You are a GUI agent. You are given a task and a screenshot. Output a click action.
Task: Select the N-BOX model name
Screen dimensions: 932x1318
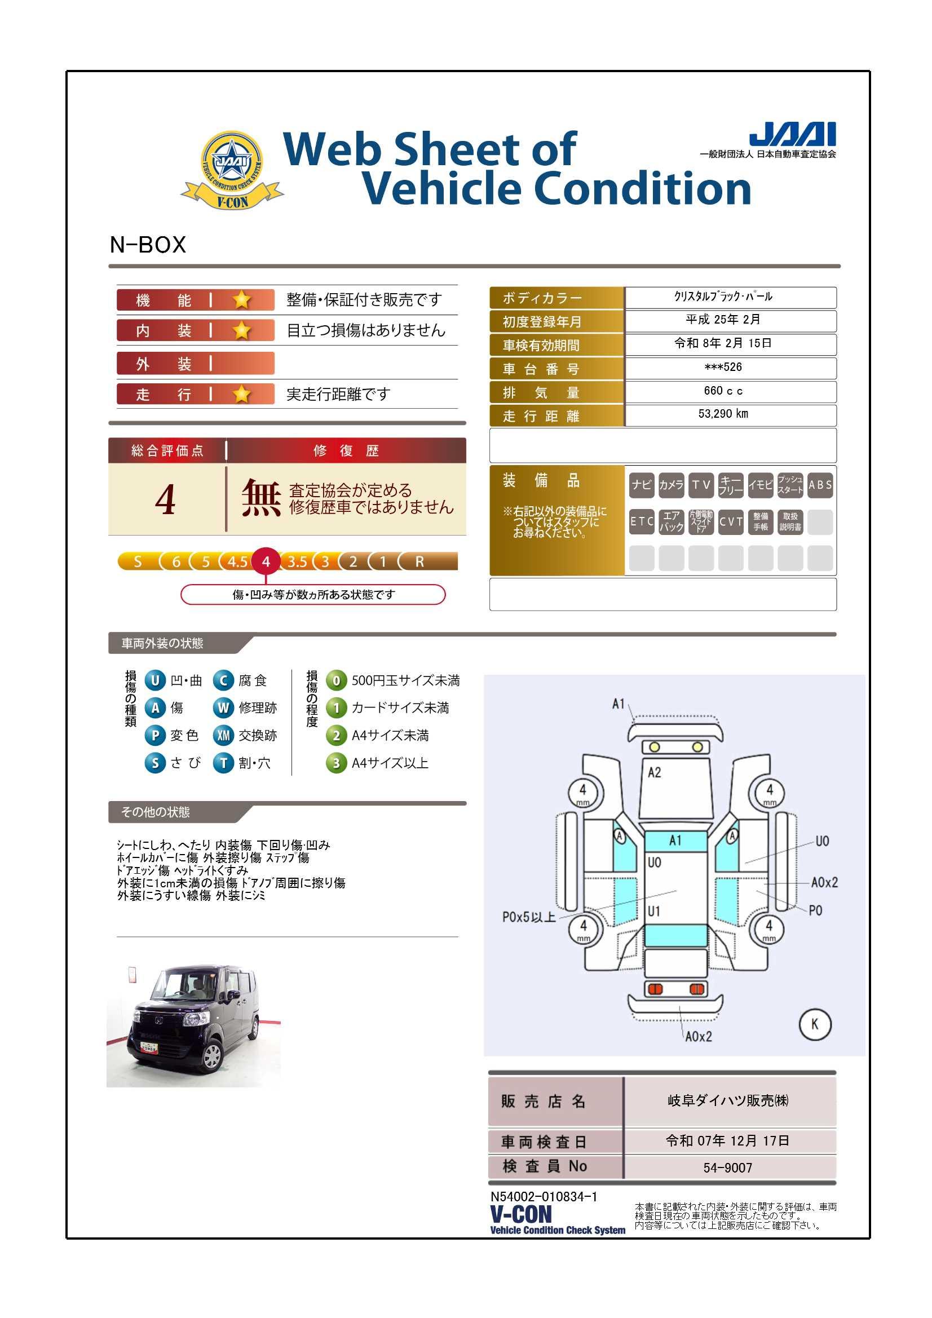(148, 245)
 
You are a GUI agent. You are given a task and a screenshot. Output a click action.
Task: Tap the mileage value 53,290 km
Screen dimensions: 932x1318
(723, 414)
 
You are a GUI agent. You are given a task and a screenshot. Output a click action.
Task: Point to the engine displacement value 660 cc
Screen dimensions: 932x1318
(723, 391)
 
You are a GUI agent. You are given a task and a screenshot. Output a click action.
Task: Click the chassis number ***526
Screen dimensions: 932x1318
(723, 367)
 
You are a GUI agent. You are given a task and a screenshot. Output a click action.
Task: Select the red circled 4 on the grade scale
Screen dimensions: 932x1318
(266, 561)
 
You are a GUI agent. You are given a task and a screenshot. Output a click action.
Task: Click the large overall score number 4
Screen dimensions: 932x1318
(165, 499)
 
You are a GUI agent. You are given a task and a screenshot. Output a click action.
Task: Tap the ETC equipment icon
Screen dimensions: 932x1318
(642, 522)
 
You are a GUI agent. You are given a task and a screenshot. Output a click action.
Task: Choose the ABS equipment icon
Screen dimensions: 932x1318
(820, 485)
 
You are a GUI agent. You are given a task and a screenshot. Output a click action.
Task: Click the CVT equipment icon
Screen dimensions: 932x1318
(731, 522)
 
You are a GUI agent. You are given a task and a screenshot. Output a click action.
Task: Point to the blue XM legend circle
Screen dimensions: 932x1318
(223, 735)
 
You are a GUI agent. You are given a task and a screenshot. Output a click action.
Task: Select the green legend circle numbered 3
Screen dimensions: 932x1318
(337, 763)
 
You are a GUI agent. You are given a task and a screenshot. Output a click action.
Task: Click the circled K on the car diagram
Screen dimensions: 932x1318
(814, 1024)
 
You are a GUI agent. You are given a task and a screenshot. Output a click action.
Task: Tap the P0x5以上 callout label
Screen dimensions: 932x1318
(529, 917)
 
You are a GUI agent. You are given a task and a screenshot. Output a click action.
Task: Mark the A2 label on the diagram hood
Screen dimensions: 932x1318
(654, 773)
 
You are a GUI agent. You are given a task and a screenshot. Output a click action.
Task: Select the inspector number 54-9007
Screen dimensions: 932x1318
(727, 1167)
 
